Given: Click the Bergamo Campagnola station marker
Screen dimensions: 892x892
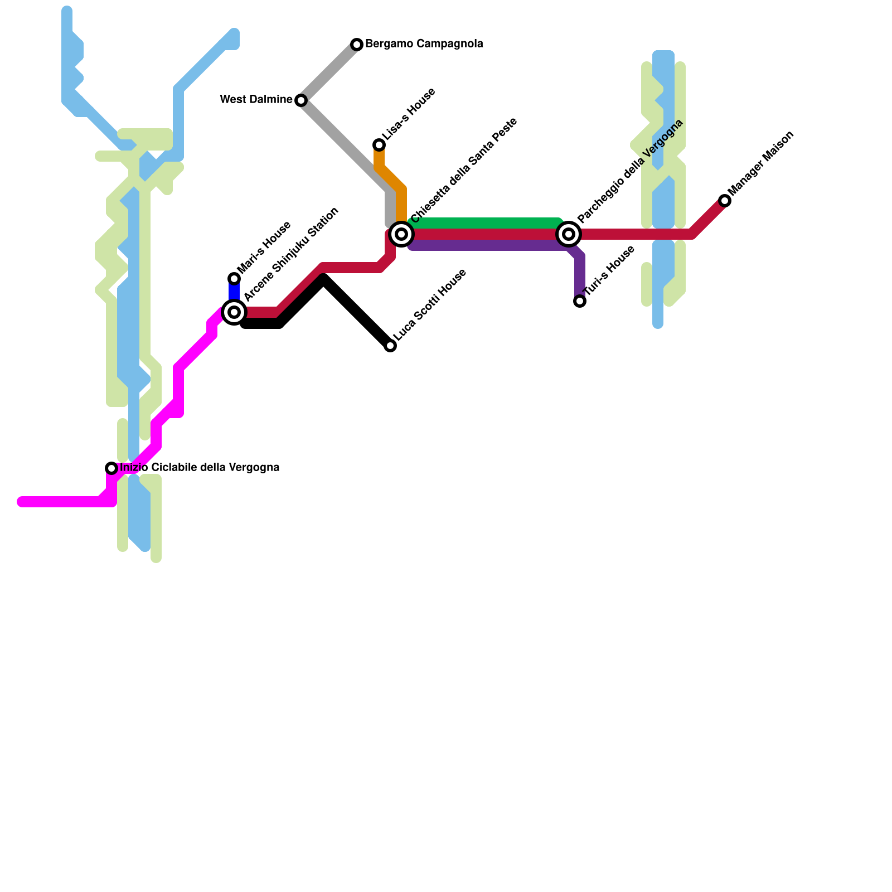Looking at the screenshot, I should click(357, 45).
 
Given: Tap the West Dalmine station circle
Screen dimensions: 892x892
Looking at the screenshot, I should click(301, 100).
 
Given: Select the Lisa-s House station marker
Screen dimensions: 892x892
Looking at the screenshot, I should click(379, 145).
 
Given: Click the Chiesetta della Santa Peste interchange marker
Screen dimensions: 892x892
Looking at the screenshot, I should click(401, 234).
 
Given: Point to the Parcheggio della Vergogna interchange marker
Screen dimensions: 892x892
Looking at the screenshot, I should click(569, 234).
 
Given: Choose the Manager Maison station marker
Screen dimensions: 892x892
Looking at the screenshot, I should click(725, 201).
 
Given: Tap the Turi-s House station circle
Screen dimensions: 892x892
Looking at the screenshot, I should click(580, 301).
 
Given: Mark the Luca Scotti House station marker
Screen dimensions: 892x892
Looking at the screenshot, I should click(390, 346).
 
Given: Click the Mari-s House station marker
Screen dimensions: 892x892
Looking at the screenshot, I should click(234, 279).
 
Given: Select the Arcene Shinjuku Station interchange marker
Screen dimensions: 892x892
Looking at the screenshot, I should click(234, 312).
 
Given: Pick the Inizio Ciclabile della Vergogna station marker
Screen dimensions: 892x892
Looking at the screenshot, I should click(111, 468).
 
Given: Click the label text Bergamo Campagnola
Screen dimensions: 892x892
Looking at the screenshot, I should click(424, 44).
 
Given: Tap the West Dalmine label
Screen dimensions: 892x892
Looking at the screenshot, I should click(256, 100).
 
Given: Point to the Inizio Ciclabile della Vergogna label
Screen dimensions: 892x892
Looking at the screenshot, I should click(200, 468).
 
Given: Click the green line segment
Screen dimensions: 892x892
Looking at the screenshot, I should click(485, 223).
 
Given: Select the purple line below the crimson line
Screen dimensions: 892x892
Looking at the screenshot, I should click(485, 245).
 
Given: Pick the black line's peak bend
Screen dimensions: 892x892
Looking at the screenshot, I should click(324, 280).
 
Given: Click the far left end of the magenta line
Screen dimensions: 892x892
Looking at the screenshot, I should click(22, 502).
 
